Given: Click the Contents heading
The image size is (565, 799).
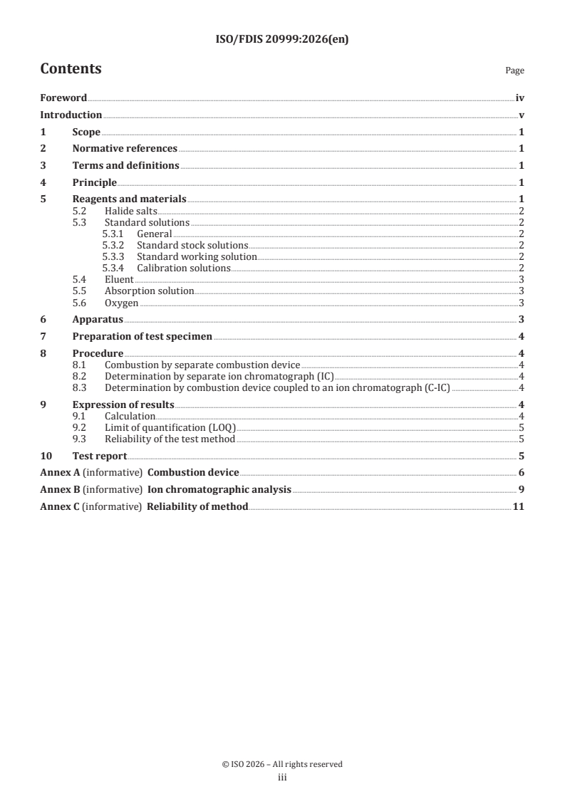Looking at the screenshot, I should click(x=71, y=69).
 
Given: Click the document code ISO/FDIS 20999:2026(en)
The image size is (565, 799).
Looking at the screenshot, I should click(x=282, y=40).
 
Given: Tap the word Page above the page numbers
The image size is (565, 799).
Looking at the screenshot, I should click(x=514, y=70).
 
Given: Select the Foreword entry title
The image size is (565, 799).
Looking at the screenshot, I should click(x=63, y=98).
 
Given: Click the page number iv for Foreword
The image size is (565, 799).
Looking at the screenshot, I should click(x=520, y=98).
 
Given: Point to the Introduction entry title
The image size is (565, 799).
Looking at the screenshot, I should click(x=71, y=115).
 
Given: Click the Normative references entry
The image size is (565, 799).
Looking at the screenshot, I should click(x=125, y=149).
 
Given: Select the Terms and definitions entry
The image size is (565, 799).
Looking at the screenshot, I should click(x=125, y=166).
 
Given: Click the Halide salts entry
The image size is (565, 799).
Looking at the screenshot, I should click(x=130, y=211).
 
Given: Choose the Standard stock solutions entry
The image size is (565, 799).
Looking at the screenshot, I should click(x=192, y=246).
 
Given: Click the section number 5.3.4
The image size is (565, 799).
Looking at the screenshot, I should click(x=113, y=268).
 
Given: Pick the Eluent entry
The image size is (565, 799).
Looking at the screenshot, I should click(x=119, y=280).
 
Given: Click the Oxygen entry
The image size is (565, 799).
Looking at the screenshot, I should click(x=121, y=303).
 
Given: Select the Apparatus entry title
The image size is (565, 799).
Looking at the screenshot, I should click(x=98, y=320).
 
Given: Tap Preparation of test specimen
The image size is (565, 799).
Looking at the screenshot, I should click(x=142, y=337).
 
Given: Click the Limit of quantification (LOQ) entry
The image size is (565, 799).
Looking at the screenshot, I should click(x=170, y=428).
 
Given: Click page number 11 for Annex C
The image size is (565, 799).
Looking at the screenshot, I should click(x=519, y=507).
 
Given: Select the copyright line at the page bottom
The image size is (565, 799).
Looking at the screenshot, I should click(x=282, y=764).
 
